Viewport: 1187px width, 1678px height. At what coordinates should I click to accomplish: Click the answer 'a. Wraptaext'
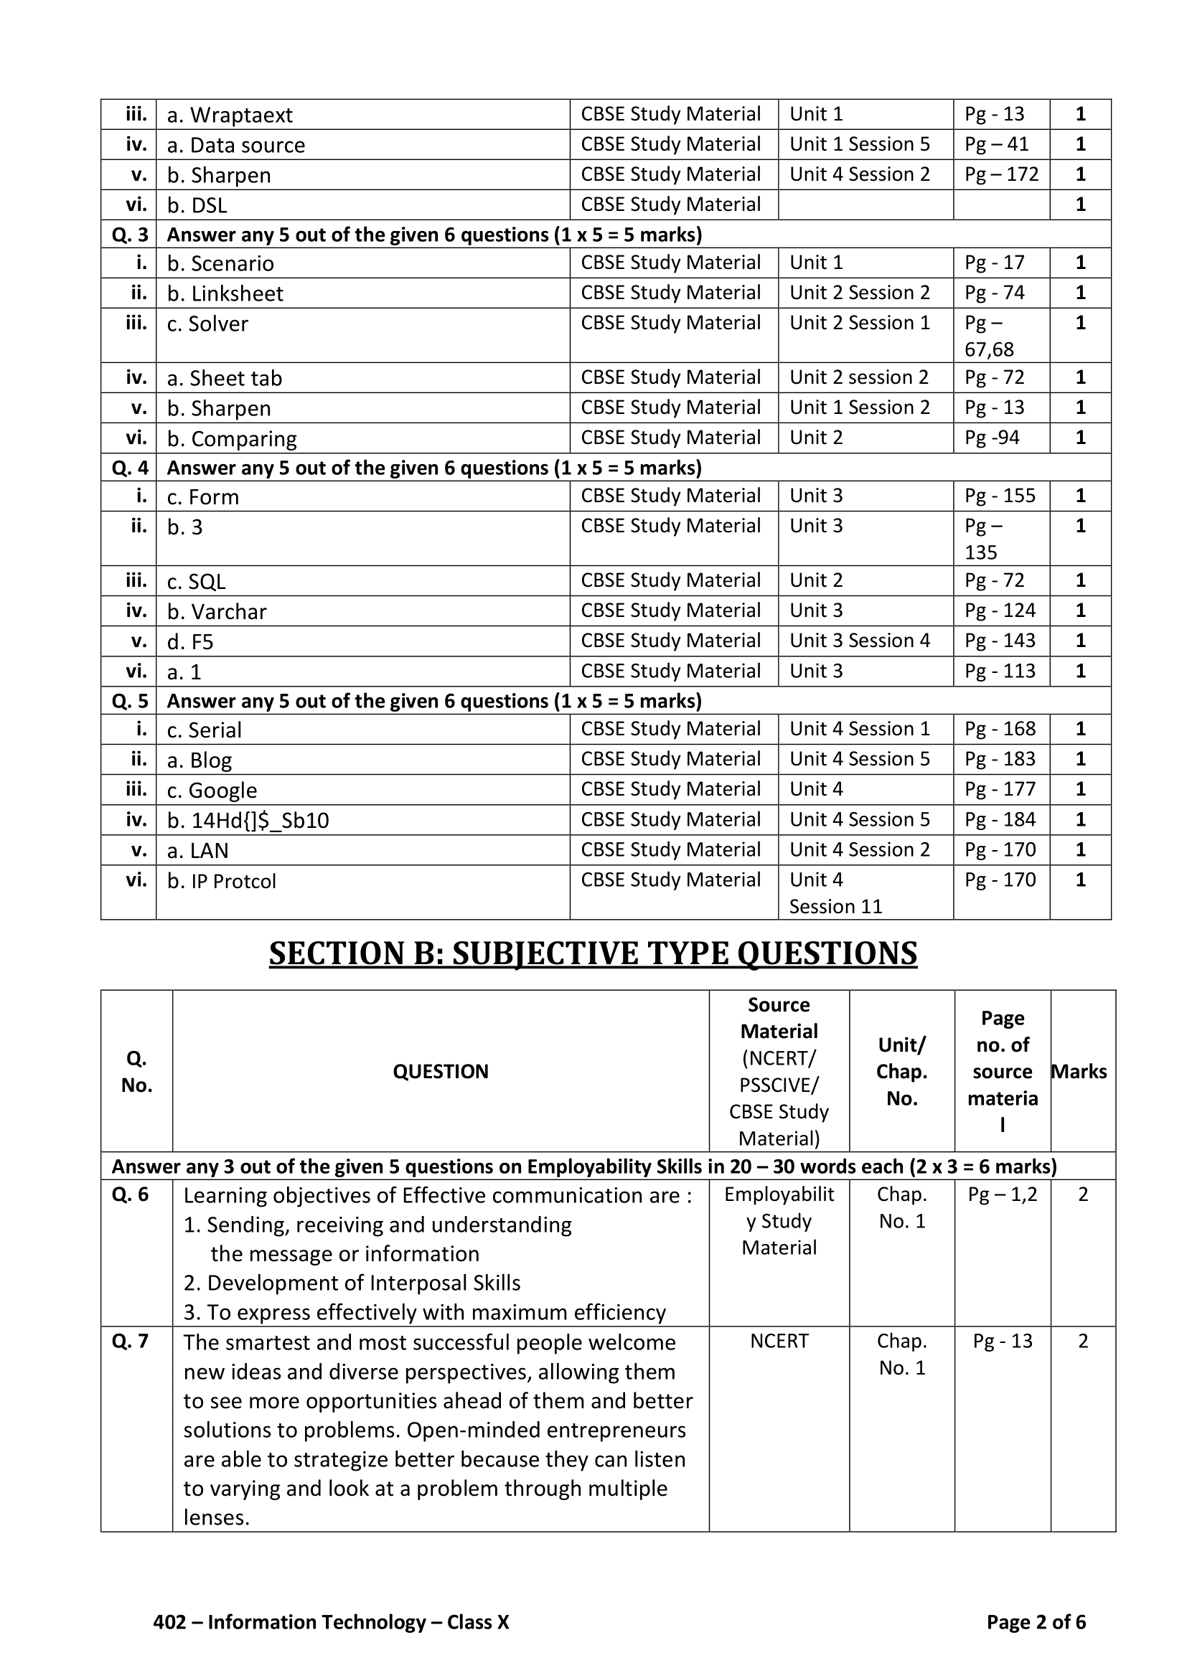230,116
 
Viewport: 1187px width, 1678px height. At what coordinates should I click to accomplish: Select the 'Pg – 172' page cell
1000,174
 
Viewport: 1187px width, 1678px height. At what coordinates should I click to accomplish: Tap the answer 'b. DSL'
197,205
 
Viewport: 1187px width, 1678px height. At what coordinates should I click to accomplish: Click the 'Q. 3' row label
129,235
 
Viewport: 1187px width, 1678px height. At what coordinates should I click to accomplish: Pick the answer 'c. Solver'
207,324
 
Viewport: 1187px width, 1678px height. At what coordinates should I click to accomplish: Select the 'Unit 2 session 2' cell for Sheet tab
859,377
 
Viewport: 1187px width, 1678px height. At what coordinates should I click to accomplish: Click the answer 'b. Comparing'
232,438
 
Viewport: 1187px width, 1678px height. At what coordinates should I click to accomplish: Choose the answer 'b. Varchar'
216,612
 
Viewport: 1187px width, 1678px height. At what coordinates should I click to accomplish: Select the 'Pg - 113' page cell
999,671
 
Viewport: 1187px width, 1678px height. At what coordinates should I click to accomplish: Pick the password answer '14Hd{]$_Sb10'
248,821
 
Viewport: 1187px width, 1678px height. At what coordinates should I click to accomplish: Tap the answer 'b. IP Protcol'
222,882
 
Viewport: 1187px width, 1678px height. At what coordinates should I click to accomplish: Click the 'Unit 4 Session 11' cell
835,893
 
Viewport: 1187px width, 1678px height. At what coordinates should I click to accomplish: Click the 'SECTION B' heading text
592,953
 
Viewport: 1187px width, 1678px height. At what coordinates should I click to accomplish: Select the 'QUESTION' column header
440,1071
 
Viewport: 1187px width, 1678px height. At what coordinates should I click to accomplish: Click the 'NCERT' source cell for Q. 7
779,1341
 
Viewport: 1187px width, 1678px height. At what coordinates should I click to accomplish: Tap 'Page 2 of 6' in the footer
1035,1622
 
